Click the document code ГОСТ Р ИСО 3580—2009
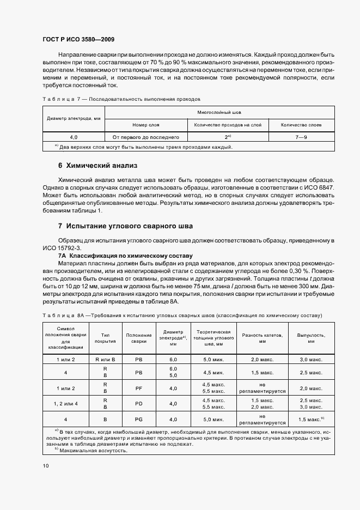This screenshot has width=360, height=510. point(78,40)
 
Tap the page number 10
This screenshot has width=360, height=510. point(45,466)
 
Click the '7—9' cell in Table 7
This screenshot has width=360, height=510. point(301,137)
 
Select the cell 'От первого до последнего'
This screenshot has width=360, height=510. point(145,137)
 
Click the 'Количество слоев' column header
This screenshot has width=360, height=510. point(301,125)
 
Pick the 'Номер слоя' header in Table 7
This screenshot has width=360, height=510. point(145,125)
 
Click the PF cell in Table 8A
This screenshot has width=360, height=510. point(138,388)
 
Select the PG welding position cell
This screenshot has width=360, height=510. point(138,420)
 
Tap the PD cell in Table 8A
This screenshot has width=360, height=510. point(138,404)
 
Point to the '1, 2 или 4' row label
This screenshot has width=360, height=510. point(65,404)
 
